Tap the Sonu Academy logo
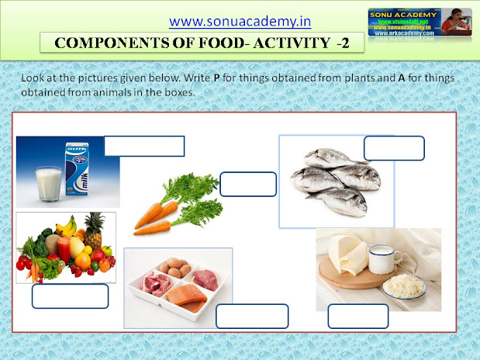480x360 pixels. (x=419, y=29)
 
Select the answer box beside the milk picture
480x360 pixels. (x=144, y=146)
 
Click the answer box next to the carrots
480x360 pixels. (x=248, y=184)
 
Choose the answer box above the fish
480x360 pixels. (x=394, y=147)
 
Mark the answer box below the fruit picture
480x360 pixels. (x=70, y=296)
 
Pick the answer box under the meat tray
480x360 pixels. (x=252, y=316)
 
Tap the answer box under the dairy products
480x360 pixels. (x=357, y=316)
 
